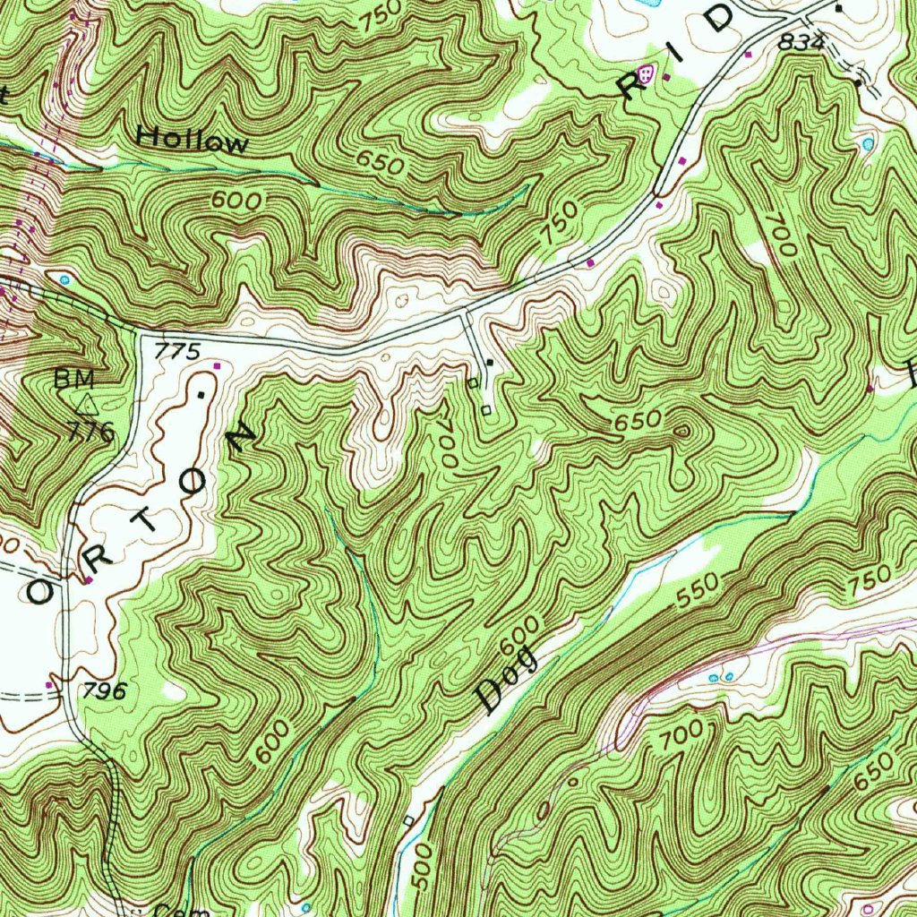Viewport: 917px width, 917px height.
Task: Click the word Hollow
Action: [193, 140]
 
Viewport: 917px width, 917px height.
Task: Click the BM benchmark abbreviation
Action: [73, 379]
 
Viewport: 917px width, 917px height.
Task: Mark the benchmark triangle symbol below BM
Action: [87, 405]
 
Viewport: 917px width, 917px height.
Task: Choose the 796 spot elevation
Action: [106, 690]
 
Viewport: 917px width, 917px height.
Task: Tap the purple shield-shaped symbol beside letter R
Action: [646, 76]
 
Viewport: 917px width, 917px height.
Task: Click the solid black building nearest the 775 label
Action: [201, 393]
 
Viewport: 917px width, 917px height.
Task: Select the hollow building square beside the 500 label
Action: [407, 819]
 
